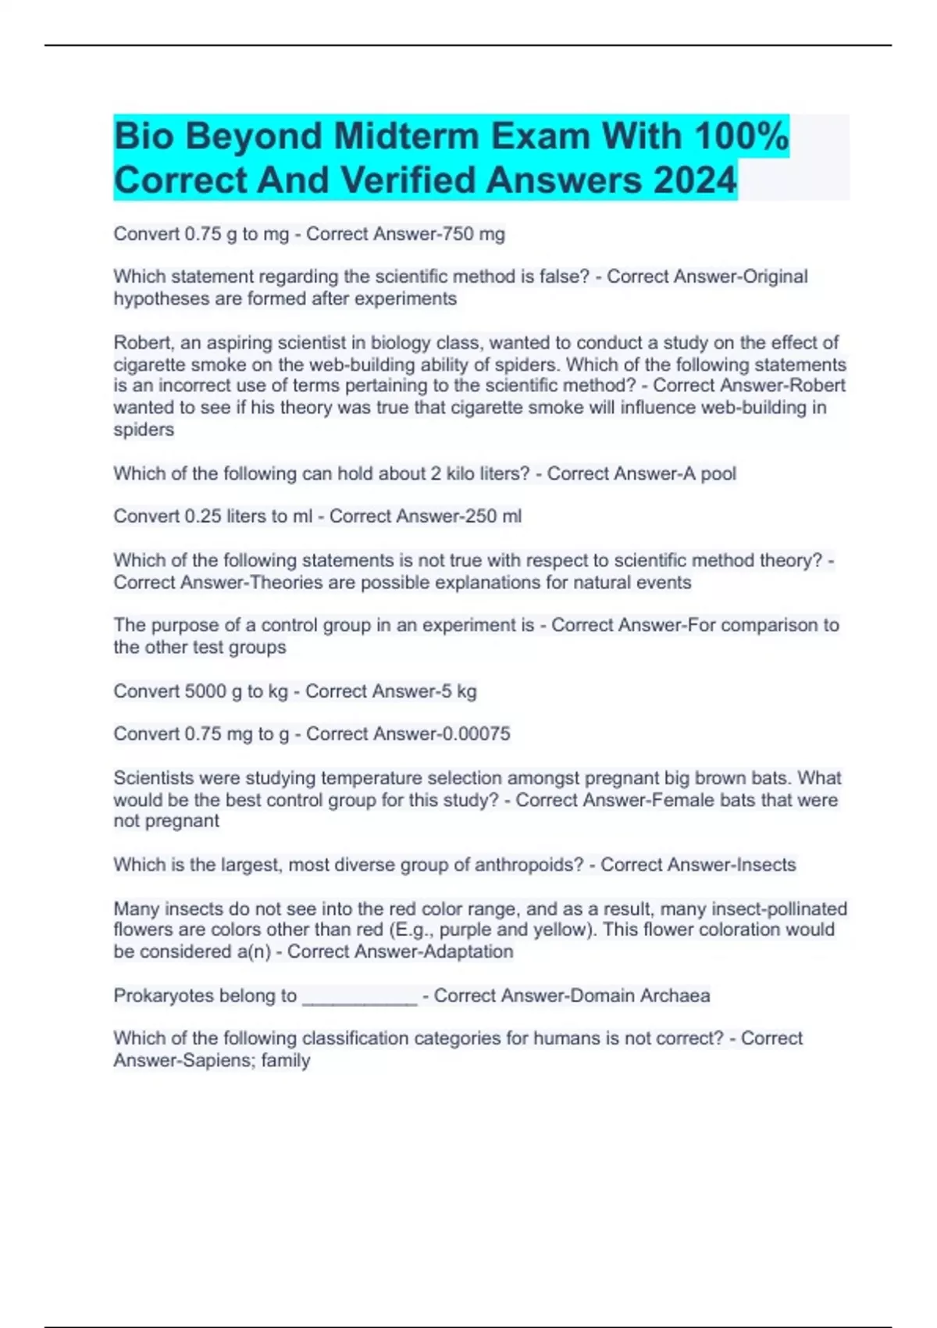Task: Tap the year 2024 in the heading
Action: point(695,180)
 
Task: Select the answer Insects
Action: point(764,865)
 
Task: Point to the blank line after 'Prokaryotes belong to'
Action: point(359,997)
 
